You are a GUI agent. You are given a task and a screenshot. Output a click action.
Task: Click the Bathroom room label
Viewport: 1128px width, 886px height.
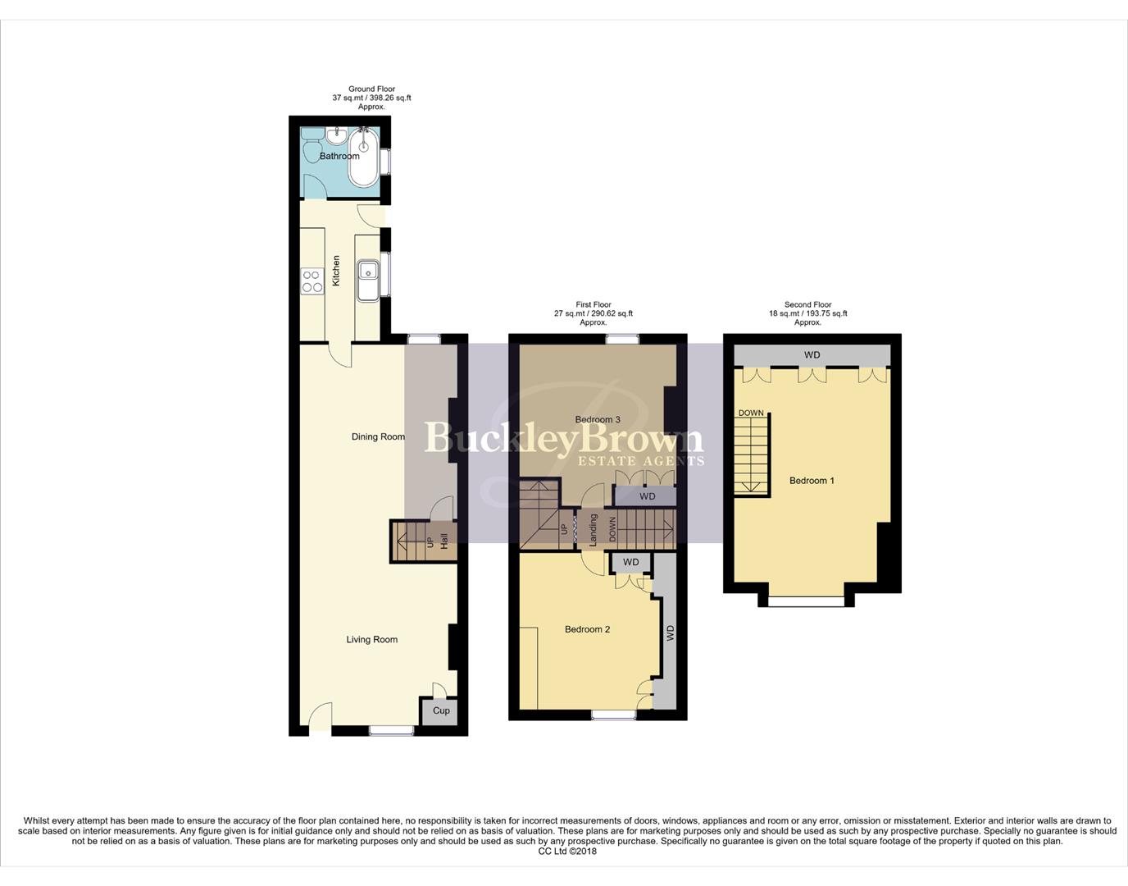339,156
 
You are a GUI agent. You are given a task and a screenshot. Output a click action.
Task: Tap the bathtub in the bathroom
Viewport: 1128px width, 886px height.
363,158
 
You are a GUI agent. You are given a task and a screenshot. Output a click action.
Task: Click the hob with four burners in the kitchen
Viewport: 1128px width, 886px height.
312,281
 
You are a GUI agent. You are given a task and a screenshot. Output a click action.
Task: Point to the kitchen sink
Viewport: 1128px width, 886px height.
368,271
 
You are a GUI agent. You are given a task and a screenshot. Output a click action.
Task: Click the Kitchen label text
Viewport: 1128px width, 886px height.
336,271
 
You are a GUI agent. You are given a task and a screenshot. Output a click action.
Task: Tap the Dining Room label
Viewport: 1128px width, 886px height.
378,436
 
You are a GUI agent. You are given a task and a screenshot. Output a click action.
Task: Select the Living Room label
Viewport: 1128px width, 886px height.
371,639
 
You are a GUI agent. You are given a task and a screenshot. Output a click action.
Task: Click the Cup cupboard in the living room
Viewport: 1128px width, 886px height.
441,710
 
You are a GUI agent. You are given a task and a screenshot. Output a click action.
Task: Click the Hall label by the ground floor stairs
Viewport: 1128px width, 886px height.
444,541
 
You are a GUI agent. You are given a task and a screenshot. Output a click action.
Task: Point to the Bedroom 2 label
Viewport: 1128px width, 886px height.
587,629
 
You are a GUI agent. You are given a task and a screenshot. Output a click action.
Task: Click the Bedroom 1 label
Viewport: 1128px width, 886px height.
812,480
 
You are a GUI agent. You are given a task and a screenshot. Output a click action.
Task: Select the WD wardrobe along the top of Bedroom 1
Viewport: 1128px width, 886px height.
812,355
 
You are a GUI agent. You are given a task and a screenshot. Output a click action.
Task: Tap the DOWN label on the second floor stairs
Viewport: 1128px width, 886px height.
751,413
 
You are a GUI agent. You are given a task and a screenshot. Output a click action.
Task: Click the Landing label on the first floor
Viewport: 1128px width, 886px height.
593,529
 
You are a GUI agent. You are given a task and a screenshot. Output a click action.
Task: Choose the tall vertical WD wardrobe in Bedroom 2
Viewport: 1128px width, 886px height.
669,633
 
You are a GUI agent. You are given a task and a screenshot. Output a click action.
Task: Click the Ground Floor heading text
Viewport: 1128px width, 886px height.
371,89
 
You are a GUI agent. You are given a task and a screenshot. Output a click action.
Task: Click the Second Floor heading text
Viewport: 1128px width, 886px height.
807,304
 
